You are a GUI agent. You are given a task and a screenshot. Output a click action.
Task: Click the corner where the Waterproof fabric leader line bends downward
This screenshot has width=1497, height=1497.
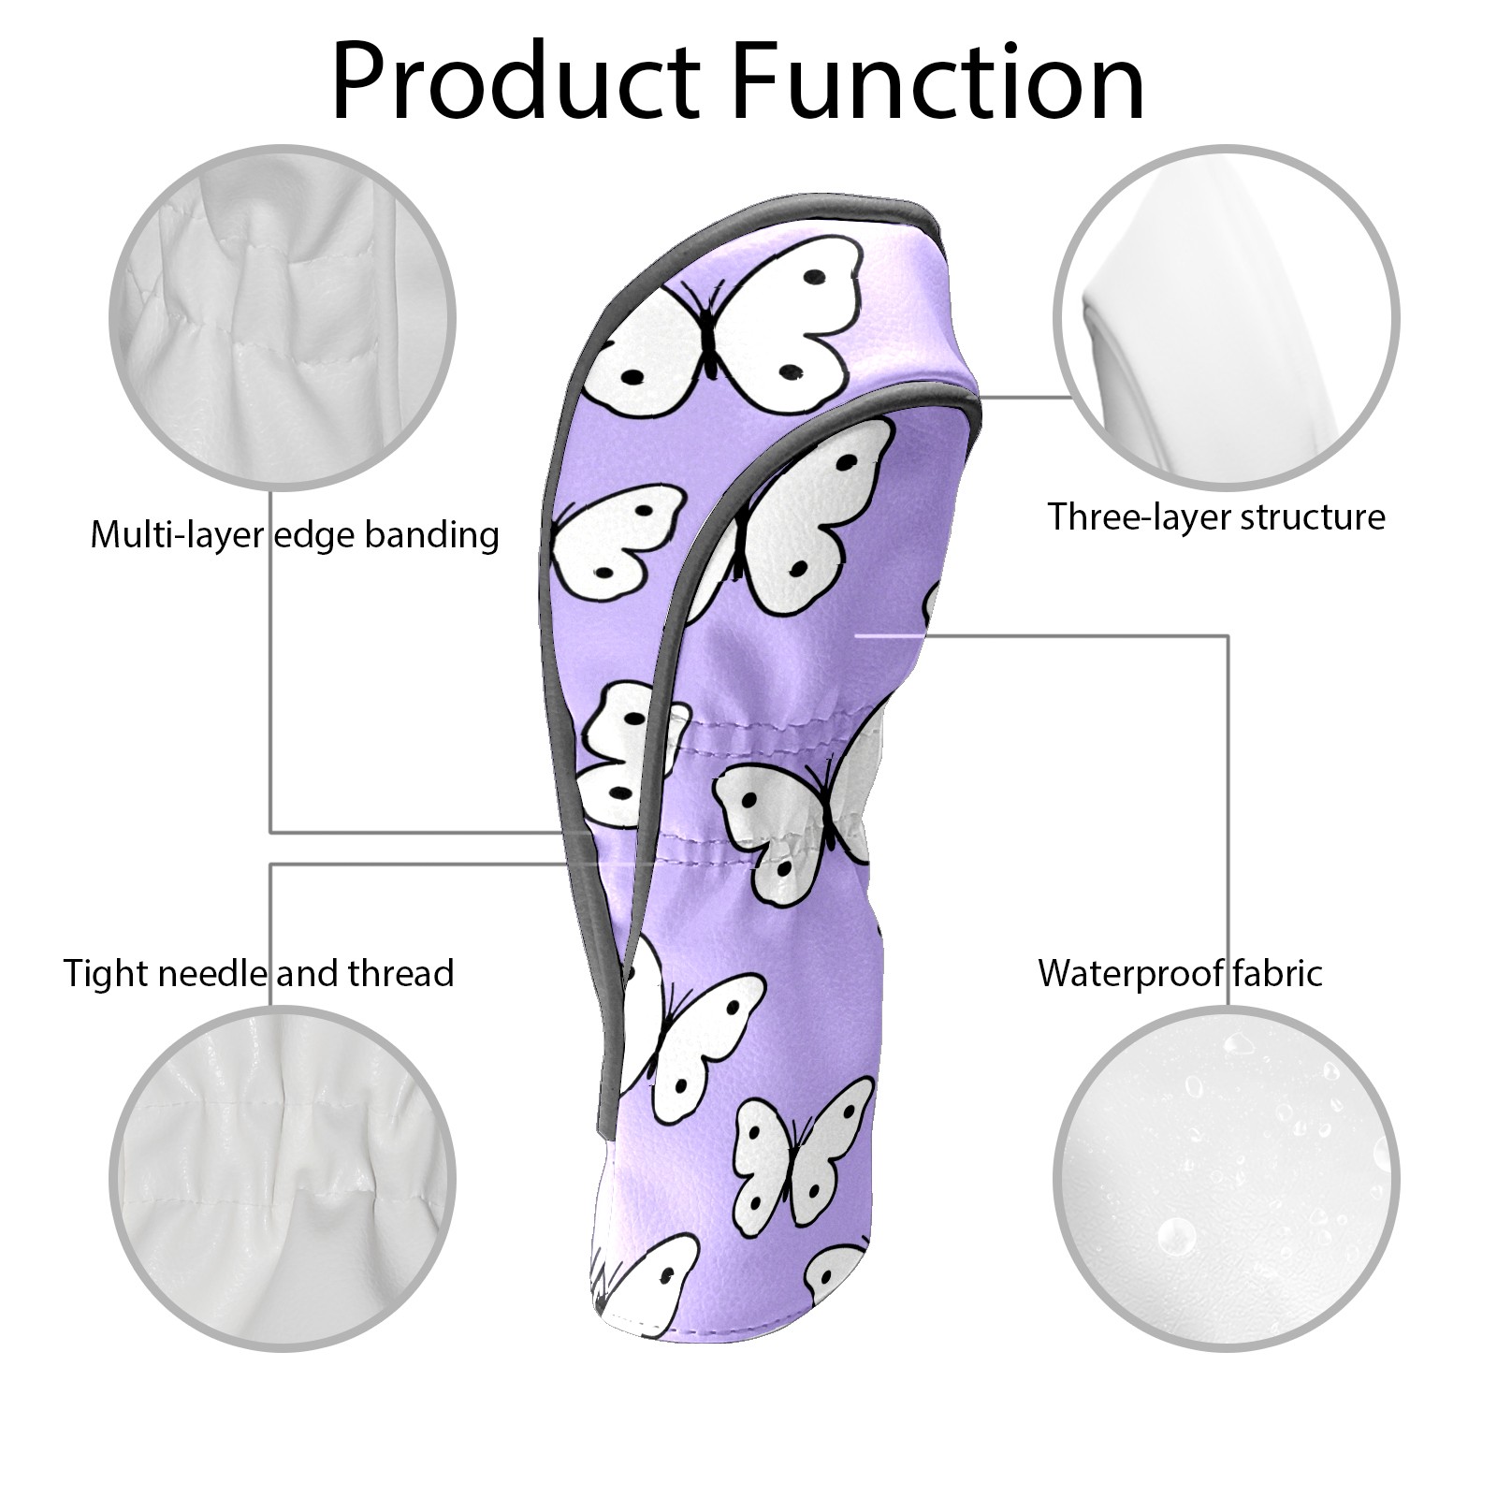coord(1228,635)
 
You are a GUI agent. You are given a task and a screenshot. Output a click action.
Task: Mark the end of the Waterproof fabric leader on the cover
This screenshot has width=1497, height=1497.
coord(857,635)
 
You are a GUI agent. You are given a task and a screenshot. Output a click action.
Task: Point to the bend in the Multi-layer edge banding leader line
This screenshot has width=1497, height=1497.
coord(271,832)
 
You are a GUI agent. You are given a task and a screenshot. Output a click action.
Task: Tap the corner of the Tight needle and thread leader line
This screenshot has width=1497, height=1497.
coord(271,865)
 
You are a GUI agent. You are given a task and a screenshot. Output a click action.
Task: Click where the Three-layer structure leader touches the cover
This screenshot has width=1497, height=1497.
coord(979,396)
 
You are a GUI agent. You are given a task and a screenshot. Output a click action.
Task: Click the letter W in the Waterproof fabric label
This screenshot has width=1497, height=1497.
coord(1060,974)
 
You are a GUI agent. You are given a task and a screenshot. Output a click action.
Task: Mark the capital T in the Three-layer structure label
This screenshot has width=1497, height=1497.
coord(1058,516)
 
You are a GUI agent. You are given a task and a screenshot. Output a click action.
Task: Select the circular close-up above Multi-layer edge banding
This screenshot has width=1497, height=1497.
coord(284,317)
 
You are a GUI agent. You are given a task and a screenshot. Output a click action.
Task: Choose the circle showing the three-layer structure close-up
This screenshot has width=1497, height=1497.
coord(1227,317)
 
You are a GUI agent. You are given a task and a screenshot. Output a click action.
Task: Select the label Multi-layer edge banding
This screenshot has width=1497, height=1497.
coord(295,536)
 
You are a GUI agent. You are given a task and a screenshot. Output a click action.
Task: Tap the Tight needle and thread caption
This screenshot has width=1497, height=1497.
coord(259,974)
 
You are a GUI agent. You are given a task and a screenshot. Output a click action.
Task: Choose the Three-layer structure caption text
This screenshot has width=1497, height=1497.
coord(1216,517)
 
